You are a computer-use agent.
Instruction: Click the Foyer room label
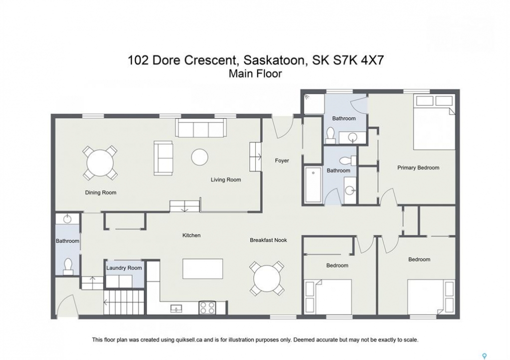[282, 160]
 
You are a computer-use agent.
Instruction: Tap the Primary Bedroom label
[418, 167]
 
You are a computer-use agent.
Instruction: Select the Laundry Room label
[124, 268]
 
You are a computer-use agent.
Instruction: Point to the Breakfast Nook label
[268, 240]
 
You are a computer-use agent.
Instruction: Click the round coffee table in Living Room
[199, 157]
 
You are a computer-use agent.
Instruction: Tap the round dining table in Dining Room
[100, 163]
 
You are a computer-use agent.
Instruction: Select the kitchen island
[203, 268]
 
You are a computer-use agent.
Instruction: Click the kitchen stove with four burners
[207, 307]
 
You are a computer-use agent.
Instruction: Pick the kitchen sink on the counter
[176, 308]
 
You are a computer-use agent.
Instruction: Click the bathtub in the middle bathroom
[313, 184]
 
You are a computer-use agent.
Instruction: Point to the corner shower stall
[314, 104]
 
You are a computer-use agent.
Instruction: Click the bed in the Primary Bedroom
[434, 122]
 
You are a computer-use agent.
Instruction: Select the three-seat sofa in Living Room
[201, 127]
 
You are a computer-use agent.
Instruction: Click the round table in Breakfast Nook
[267, 278]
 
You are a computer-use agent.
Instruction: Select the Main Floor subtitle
[255, 74]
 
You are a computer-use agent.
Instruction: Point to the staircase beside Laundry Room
[124, 302]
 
